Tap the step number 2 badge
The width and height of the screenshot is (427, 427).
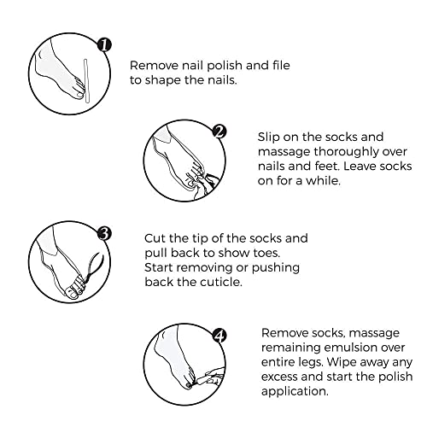219,132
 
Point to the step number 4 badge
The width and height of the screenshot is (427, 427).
219,336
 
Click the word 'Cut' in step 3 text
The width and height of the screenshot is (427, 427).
155,238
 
